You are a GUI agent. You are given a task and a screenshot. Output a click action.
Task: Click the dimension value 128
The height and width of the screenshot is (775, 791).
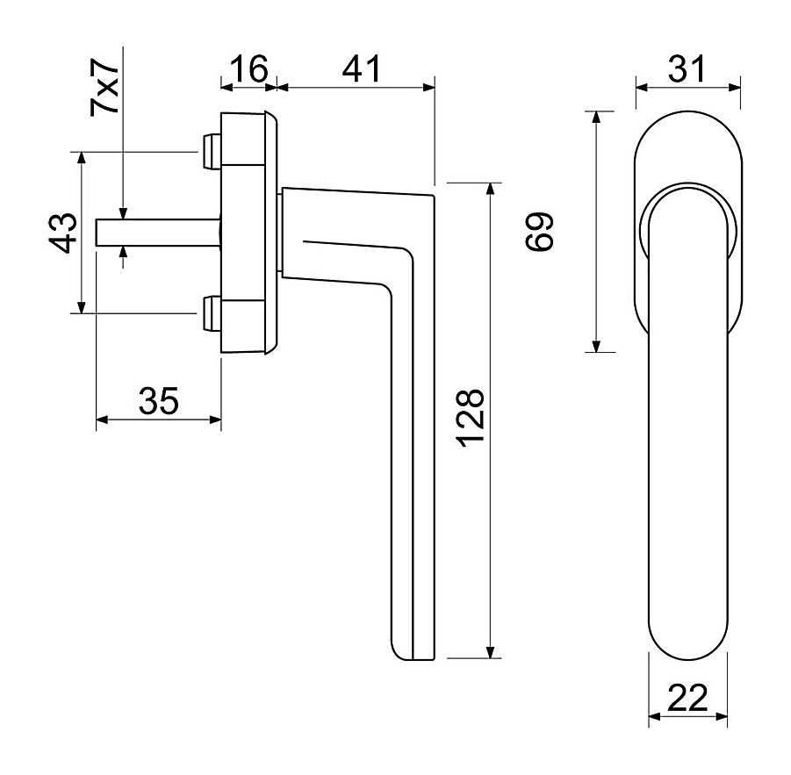click(471, 418)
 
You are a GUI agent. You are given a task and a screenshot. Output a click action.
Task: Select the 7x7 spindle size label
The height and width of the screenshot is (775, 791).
click(104, 87)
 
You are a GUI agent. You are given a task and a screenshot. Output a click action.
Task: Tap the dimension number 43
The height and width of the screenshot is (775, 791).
click(63, 233)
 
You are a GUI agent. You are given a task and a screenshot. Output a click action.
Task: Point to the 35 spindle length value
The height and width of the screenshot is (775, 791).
click(158, 401)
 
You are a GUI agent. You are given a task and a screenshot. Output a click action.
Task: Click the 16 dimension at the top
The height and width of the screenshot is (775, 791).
click(249, 68)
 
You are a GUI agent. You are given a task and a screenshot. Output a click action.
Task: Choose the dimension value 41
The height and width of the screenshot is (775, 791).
click(361, 68)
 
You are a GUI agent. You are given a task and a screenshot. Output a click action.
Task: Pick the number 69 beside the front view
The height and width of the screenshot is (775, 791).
click(539, 232)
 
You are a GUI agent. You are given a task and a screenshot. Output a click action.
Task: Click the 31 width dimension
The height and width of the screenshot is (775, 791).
click(687, 68)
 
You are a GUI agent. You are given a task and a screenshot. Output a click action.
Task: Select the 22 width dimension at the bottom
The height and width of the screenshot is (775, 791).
click(687, 698)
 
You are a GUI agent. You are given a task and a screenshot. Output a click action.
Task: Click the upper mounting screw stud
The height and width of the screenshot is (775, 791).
click(212, 151)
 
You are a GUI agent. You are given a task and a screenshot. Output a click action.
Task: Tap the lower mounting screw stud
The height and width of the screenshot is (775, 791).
click(212, 313)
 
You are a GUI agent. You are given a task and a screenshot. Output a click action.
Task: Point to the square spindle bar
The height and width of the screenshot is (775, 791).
click(158, 233)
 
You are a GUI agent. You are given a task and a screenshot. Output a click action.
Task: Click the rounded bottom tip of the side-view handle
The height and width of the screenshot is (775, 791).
click(401, 652)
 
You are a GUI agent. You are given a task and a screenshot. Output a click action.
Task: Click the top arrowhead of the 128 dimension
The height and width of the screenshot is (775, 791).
click(489, 189)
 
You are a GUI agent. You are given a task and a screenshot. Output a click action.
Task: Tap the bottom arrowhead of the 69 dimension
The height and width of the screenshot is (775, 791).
click(596, 346)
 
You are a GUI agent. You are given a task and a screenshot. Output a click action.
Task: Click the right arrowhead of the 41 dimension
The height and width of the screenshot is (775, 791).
click(428, 88)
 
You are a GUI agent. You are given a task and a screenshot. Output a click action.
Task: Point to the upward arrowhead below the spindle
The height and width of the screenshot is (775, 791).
click(123, 253)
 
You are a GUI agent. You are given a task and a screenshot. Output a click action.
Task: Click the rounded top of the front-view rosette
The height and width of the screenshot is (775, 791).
click(688, 112)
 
